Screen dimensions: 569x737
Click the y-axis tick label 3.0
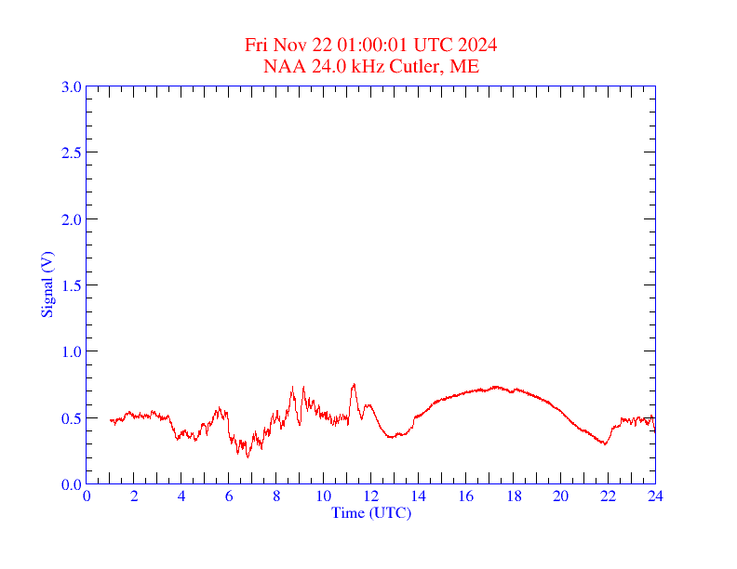tap(71, 86)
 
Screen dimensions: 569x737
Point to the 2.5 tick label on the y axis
tap(71, 152)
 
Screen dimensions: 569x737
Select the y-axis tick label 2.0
tap(71, 219)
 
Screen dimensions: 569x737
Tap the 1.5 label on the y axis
tap(71, 285)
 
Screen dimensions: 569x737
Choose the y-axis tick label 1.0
tap(71, 351)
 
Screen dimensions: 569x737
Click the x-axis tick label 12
tap(371, 496)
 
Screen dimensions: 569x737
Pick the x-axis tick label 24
tap(655, 496)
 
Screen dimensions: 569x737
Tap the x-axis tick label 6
tap(229, 496)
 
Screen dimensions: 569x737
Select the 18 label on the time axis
tap(513, 496)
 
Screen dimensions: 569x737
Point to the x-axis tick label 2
tap(134, 496)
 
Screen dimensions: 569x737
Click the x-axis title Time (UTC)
tap(371, 512)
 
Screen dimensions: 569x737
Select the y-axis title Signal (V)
tap(47, 284)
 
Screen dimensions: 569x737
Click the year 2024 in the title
tap(476, 46)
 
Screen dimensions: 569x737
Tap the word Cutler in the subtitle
tap(419, 66)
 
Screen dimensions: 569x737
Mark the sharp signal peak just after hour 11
tap(354, 384)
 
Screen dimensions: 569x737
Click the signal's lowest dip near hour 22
tap(605, 443)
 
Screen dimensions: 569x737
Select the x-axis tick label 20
tap(560, 496)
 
